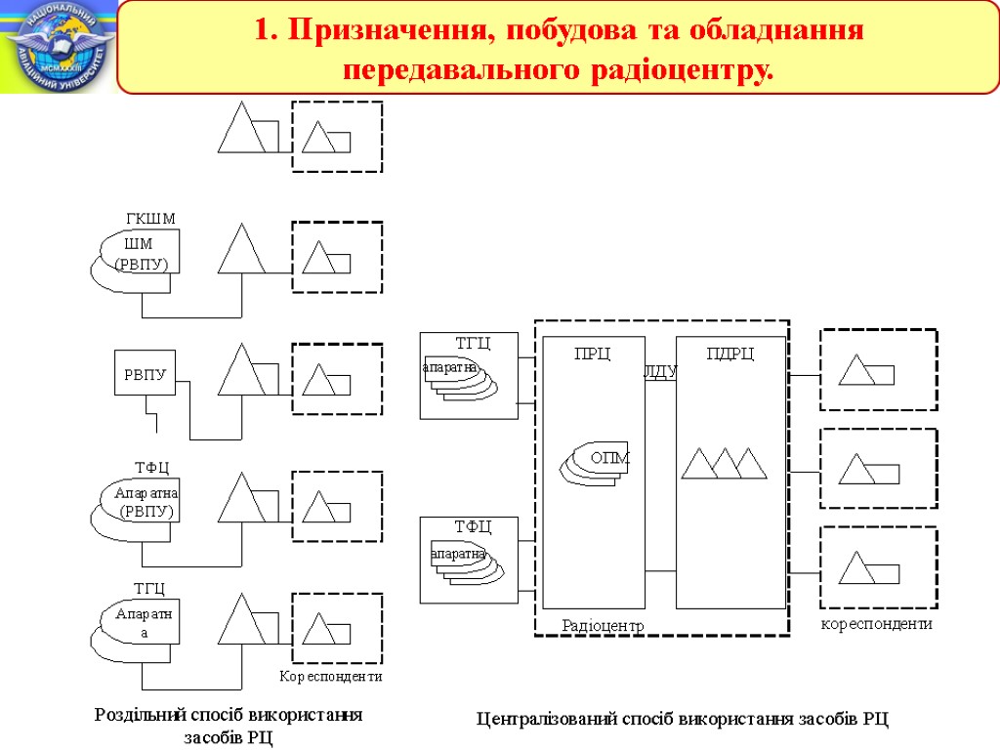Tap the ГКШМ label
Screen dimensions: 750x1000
150,218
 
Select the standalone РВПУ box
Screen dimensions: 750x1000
146,373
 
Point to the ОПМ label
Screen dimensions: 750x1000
610,457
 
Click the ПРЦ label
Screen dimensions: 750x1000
592,354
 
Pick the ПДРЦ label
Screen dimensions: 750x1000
730,354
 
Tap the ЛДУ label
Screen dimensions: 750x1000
660,371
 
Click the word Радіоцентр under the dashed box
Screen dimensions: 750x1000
604,624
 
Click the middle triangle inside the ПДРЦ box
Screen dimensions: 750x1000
726,463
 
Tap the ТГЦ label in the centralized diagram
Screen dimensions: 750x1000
473,341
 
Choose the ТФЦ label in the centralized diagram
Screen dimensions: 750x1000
473,526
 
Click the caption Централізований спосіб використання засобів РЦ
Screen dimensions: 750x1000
683,720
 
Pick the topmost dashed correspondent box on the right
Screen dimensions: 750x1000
878,370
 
